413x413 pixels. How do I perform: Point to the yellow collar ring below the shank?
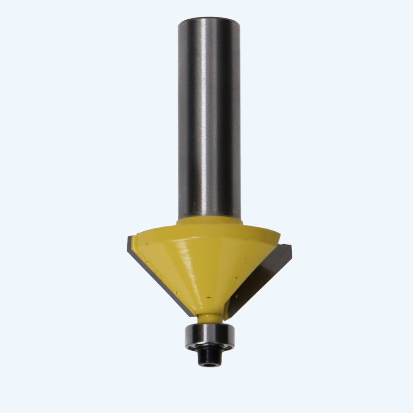pos(209,222)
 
